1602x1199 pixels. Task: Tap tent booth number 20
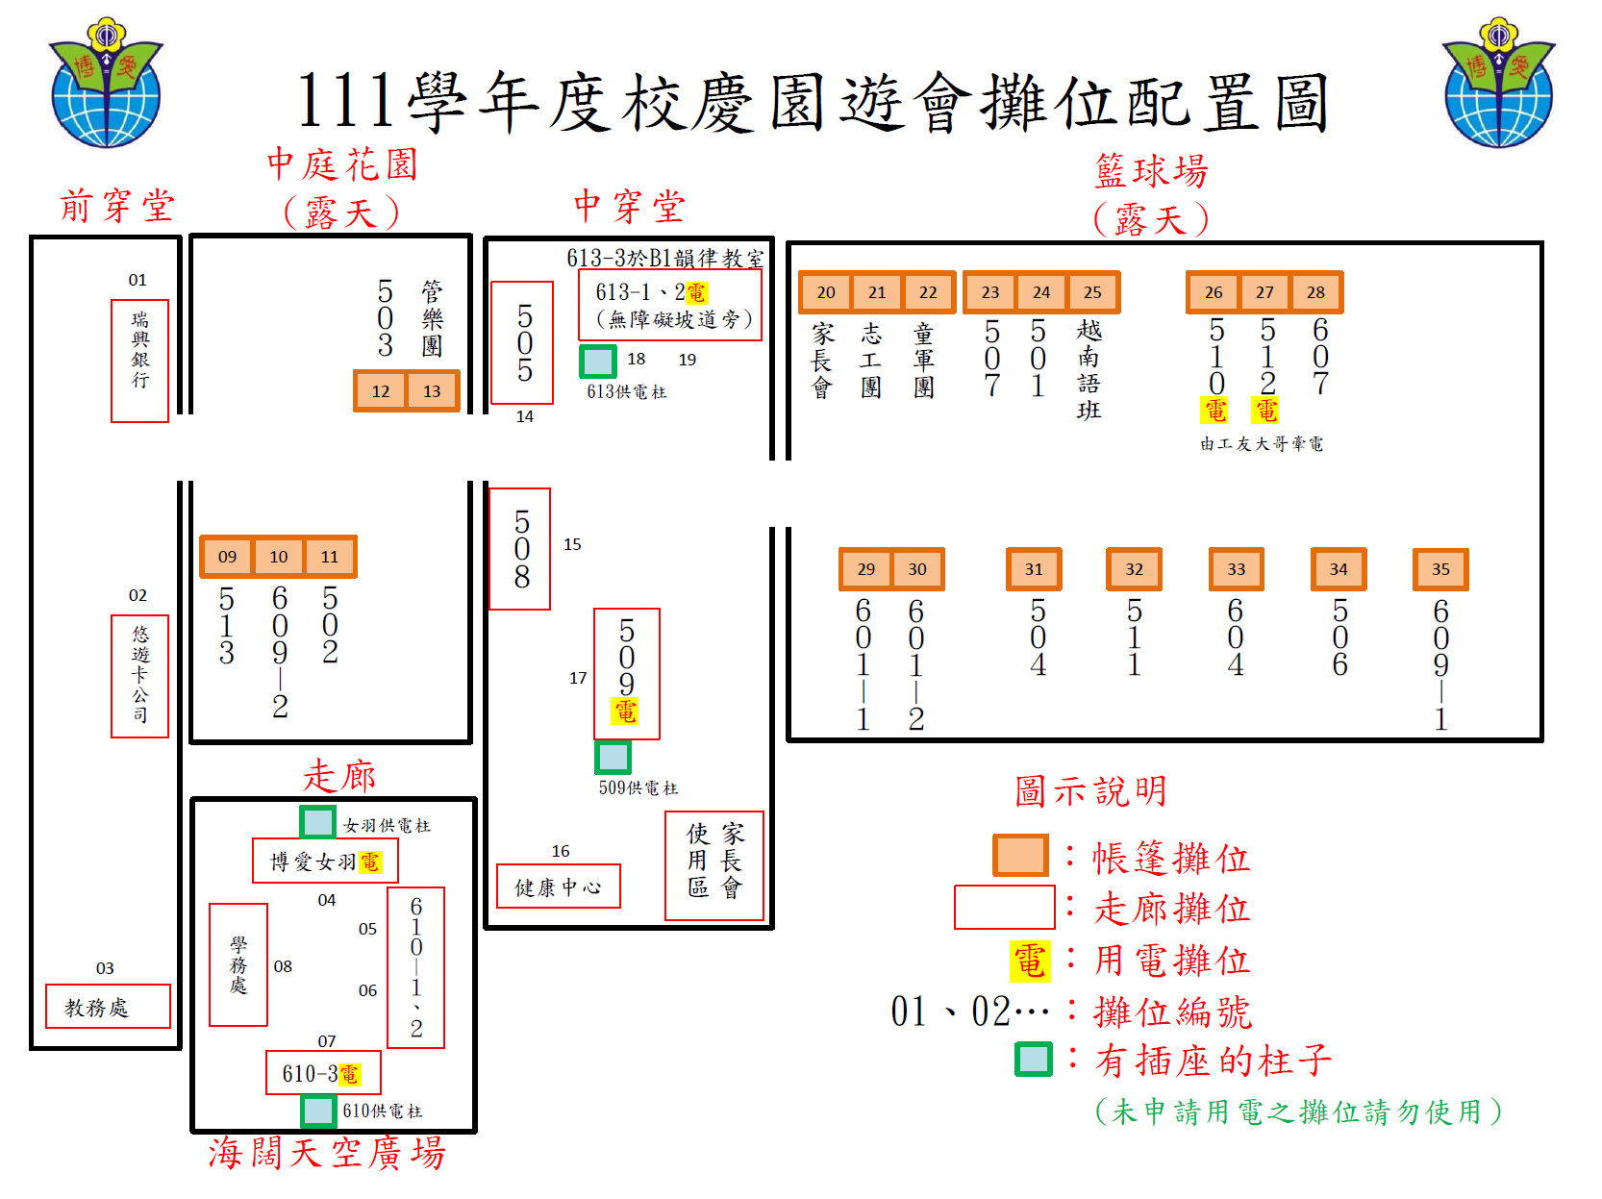826,292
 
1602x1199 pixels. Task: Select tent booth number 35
1440,569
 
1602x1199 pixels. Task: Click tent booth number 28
1315,292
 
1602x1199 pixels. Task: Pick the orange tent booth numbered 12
381,391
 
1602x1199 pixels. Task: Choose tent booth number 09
227,557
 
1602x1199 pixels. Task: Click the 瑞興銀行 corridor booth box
140,361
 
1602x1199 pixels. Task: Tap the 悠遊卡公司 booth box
140,676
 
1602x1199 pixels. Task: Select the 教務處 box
108,1007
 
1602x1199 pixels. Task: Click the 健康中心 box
558,887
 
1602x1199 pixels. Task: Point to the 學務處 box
238,964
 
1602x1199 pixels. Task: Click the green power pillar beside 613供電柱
598,362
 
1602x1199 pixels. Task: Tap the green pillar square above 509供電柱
613,757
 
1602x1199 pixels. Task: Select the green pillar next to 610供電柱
318,1111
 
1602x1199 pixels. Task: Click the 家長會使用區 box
714,865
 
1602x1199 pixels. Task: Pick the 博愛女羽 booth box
325,862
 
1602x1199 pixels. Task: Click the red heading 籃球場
1151,171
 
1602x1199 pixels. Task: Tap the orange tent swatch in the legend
1020,855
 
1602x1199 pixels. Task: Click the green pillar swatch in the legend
1034,1060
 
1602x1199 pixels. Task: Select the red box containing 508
520,549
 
